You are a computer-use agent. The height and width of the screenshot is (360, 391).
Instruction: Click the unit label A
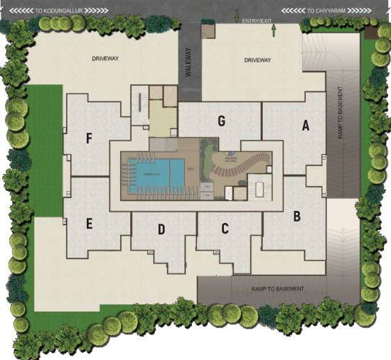click(x=306, y=126)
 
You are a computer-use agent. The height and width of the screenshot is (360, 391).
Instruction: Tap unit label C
click(x=225, y=229)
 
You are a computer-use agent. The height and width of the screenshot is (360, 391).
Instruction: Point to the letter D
click(x=161, y=229)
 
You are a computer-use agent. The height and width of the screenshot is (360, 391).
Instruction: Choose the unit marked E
click(x=89, y=224)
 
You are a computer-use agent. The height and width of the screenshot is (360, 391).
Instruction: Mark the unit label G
click(x=222, y=121)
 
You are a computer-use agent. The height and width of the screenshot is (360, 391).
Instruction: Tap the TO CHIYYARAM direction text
click(x=330, y=11)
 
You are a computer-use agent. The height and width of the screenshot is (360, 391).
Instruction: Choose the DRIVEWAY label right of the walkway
click(x=258, y=60)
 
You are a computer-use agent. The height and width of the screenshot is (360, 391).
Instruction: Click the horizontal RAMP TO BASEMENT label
click(x=278, y=289)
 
